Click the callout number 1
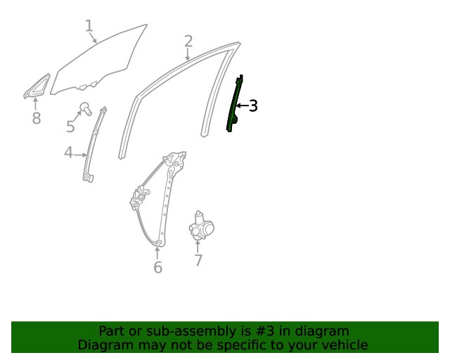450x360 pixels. pos(89,26)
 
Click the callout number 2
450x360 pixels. pos(188,41)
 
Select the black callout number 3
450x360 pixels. pos(254,106)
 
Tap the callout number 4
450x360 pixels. pos(68,153)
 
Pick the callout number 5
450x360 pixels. pos(70,127)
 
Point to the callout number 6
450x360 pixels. pos(157,267)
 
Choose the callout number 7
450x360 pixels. pos(198,261)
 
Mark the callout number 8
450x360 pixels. pos(37,119)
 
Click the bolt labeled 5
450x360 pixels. pos(86,108)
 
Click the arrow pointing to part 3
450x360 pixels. pos(242,106)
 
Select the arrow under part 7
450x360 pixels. pos(198,246)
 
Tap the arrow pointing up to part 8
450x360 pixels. pos(36,105)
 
